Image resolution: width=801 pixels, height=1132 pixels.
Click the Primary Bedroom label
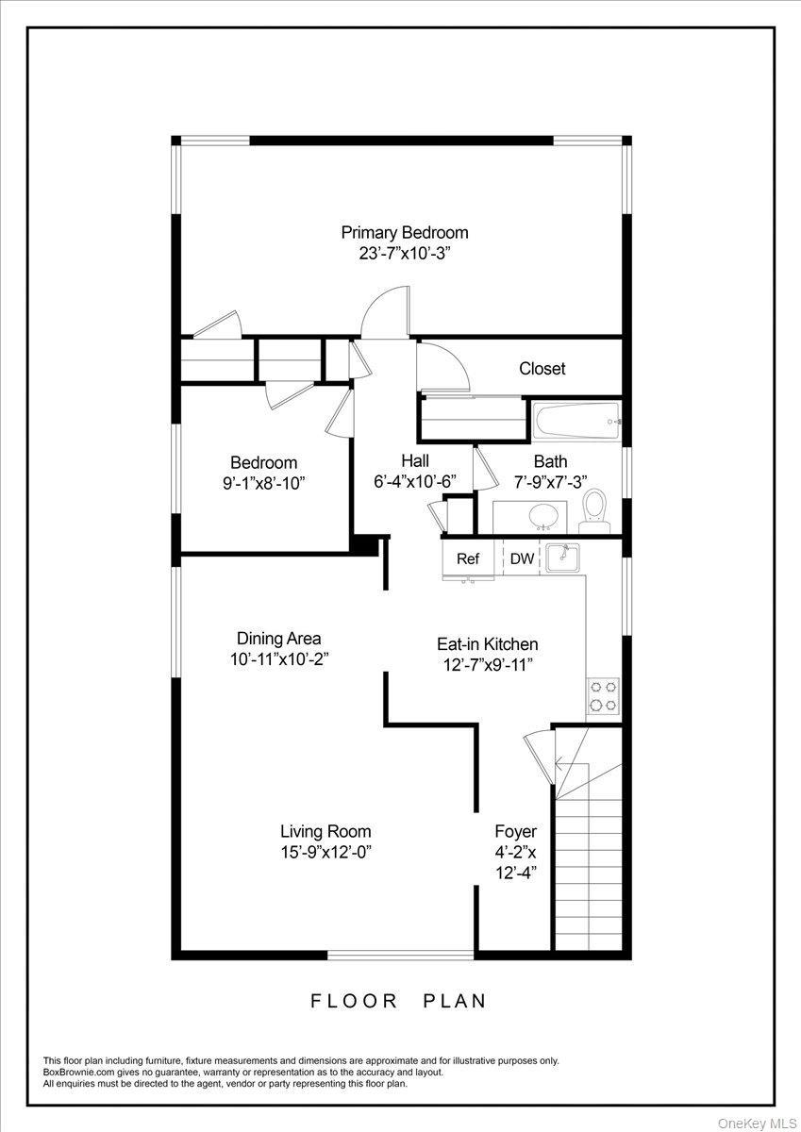tap(404, 232)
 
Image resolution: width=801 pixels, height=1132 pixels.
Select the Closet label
tap(542, 368)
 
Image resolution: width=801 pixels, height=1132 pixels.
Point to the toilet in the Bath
tap(594, 509)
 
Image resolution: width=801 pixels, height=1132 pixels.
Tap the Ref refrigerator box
tap(468, 558)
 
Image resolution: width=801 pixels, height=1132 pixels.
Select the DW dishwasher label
tap(522, 558)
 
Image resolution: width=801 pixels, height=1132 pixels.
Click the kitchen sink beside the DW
tap(563, 558)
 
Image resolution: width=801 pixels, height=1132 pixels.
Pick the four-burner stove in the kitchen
tap(603, 695)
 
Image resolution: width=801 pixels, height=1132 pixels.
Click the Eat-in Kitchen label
tap(487, 644)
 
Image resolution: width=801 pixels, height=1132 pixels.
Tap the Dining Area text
tap(278, 639)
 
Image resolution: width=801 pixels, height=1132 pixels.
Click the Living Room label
tap(325, 831)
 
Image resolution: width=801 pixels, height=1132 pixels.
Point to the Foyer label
tap(515, 831)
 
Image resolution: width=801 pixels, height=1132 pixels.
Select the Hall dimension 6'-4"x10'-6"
tap(415, 481)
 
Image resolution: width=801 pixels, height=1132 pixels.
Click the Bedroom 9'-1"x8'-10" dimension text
tap(264, 483)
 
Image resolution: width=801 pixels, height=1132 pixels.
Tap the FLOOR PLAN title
tap(399, 1001)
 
